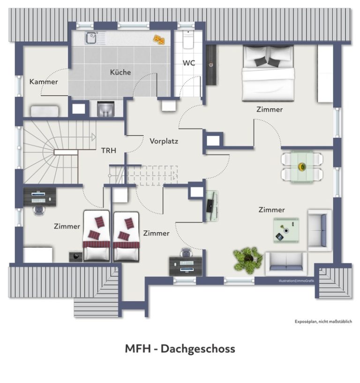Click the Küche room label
(x=120, y=72)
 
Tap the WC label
(x=189, y=63)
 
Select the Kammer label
(x=44, y=81)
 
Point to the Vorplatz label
(x=164, y=141)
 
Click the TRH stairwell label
(x=109, y=150)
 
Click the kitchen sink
(x=92, y=38)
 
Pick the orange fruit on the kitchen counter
(x=159, y=39)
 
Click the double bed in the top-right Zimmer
(x=268, y=74)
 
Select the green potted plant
(x=248, y=260)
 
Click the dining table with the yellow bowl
(x=302, y=167)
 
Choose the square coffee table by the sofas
(x=286, y=230)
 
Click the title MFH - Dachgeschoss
(x=180, y=348)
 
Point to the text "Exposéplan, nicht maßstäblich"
(x=323, y=322)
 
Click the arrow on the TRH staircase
(x=94, y=137)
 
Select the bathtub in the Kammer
(x=45, y=111)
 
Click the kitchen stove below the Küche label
(x=105, y=109)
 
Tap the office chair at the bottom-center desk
(x=186, y=252)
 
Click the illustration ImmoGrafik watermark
(x=296, y=281)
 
